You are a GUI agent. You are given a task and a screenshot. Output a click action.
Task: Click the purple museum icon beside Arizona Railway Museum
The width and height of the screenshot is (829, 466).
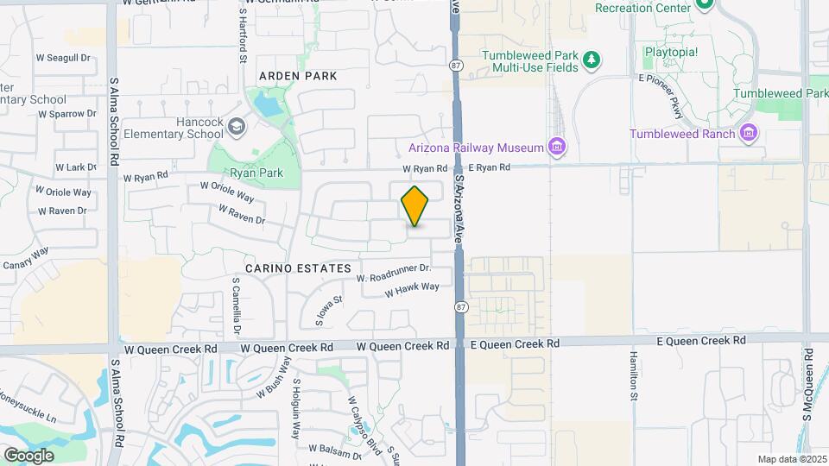(558, 148)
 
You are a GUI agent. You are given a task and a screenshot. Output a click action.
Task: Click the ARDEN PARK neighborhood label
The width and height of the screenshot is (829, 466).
(297, 76)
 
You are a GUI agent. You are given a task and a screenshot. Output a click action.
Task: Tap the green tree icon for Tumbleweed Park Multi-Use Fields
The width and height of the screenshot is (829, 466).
(592, 60)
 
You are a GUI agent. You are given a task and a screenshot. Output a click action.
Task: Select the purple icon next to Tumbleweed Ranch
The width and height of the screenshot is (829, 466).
(749, 133)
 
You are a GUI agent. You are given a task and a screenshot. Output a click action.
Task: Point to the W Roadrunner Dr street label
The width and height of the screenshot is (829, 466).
(393, 273)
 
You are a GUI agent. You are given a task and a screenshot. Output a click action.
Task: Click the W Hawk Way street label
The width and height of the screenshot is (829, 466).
(412, 290)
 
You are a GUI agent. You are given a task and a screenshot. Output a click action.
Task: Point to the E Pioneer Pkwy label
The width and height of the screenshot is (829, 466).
(671, 96)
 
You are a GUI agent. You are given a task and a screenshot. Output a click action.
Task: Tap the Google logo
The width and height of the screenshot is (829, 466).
(28, 455)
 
